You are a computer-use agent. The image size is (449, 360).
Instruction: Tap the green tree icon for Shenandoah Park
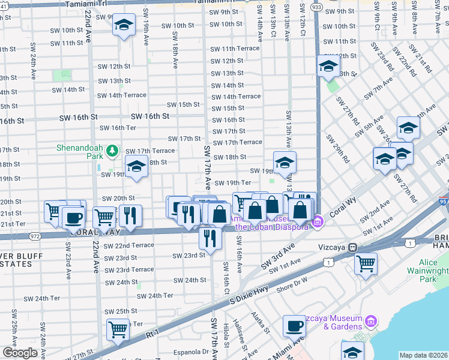112,152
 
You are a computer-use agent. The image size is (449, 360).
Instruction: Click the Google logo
20,353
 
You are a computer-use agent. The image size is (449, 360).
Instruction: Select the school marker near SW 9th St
124,25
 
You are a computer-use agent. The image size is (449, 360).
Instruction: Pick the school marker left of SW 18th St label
136,166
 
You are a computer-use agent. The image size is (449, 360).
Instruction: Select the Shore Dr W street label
292,280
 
